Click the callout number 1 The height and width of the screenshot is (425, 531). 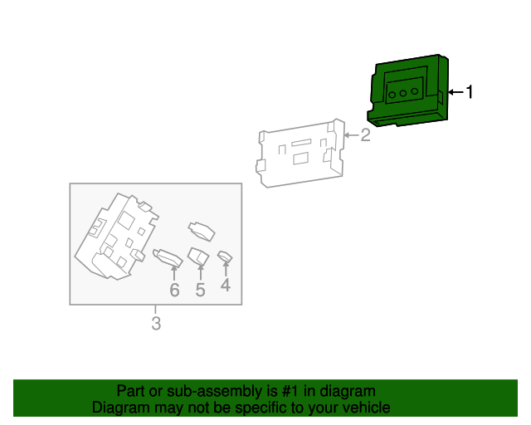470,92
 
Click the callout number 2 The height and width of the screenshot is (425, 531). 365,135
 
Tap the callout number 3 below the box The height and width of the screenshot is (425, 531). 156,324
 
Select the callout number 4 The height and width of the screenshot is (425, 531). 226,285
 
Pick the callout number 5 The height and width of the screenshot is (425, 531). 200,290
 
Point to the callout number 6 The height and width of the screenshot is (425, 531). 174,290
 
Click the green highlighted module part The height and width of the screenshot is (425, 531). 408,90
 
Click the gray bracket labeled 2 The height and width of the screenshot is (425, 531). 300,154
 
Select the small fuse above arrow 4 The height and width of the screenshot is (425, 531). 225,256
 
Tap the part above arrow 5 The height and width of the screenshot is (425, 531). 198,256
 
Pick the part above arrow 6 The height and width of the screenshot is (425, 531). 168,257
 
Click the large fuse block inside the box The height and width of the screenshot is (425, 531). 116,237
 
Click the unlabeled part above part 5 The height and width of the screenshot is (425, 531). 202,232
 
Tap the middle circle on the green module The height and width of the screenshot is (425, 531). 403,93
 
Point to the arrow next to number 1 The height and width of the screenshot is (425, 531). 455,92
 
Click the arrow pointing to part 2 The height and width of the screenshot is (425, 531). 352,135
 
